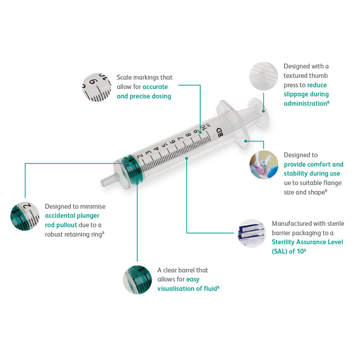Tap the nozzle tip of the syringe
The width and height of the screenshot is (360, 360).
102,183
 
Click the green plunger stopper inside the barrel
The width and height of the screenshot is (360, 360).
133,169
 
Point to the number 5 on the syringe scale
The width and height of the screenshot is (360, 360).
165,146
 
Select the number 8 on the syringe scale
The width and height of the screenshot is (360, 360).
188,135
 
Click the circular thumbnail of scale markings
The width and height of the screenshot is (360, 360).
97,87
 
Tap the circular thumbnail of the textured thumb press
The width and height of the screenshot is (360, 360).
263,76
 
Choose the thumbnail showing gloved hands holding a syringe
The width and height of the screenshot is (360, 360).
264,165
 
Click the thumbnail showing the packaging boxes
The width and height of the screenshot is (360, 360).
252,233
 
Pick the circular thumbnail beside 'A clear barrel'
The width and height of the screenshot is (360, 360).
137,280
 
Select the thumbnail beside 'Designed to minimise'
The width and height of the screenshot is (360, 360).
25,216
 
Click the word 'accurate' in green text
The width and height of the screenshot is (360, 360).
155,87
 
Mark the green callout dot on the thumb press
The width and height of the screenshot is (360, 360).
263,111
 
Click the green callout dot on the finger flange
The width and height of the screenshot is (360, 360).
246,141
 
